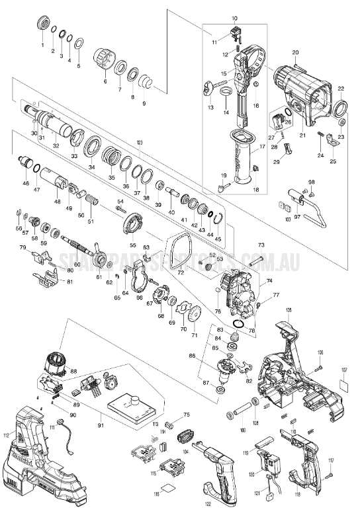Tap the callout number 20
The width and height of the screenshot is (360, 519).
click(295, 52)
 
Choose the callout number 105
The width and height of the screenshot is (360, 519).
click(289, 309)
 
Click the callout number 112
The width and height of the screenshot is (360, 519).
click(6, 435)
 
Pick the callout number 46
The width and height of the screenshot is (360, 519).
click(26, 183)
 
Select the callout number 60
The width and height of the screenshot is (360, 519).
click(77, 264)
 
